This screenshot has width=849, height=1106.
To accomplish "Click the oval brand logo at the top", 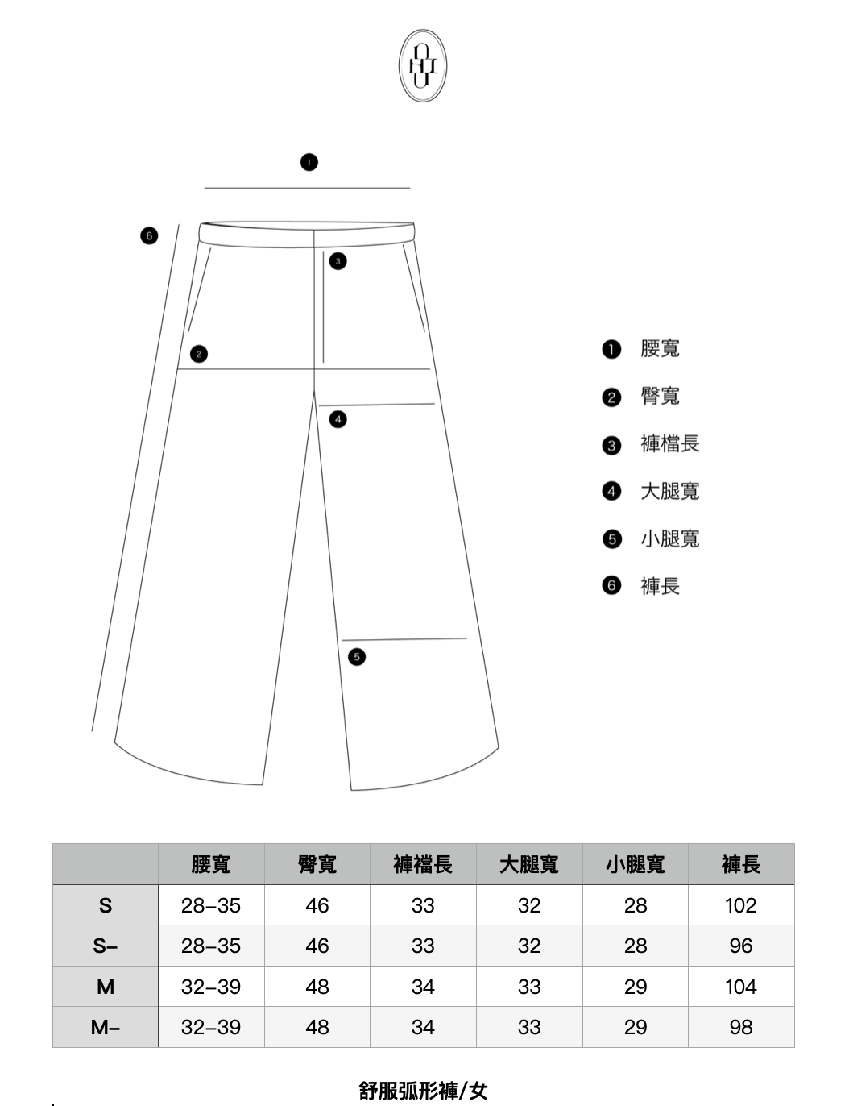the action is [x=423, y=66].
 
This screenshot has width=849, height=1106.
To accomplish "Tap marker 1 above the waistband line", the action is [x=309, y=162].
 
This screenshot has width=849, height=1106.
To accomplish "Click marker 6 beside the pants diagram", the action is [x=148, y=236].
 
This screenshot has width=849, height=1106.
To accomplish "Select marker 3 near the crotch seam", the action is [x=338, y=260].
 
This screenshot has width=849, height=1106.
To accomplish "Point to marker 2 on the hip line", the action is [x=199, y=354].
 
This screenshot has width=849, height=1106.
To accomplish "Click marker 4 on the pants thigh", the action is [x=338, y=419].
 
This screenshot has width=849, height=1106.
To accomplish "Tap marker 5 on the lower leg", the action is [x=357, y=657].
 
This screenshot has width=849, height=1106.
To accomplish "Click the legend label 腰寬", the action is [x=660, y=348].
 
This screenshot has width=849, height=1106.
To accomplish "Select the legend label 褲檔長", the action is [x=669, y=443].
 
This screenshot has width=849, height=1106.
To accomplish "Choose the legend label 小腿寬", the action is [x=669, y=538].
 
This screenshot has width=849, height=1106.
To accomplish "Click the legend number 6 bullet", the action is [x=612, y=586].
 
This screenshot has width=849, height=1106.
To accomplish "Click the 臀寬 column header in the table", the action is [x=317, y=865].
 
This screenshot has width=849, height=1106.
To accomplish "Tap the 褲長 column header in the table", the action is [x=741, y=865].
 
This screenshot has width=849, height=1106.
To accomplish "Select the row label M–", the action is [x=106, y=1027].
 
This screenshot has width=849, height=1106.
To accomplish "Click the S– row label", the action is [x=106, y=946].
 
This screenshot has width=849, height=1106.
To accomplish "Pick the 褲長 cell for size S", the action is [x=741, y=905].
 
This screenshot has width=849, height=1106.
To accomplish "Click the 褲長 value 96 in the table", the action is [x=741, y=946].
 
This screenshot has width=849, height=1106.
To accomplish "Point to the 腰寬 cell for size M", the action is [x=211, y=987].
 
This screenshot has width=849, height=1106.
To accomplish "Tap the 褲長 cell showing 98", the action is [x=741, y=1027].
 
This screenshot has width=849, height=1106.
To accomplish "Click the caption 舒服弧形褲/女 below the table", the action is [x=424, y=1091].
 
